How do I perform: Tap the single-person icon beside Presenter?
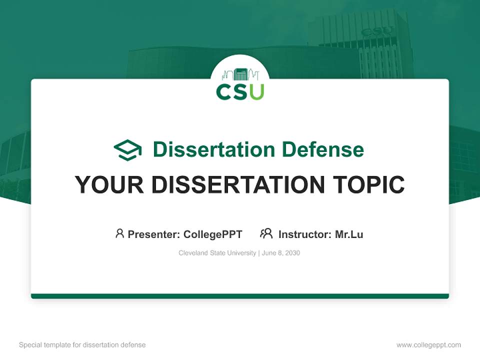tap(119, 233)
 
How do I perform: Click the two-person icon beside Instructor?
tap(266, 233)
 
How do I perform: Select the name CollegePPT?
tap(213, 234)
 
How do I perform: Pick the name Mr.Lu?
tap(349, 234)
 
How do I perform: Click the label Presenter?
tap(154, 234)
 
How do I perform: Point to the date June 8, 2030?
tap(280, 253)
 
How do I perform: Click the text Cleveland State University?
tap(217, 253)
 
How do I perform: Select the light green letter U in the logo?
tap(256, 91)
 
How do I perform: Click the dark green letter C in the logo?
tap(223, 91)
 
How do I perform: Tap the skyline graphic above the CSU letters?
tap(240, 74)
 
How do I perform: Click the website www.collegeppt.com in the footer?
tap(428, 345)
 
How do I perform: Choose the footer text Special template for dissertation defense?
tap(82, 345)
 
